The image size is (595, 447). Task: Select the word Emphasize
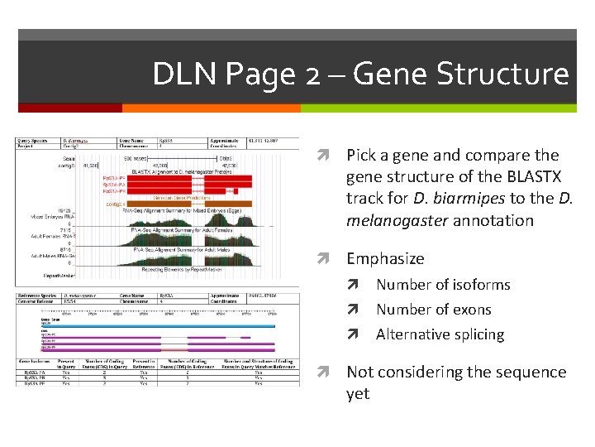tap(384, 259)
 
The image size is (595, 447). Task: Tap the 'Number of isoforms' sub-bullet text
tap(443, 285)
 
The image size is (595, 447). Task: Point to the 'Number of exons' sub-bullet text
tap(433, 310)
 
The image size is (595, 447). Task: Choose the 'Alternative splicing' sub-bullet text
tap(440, 334)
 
